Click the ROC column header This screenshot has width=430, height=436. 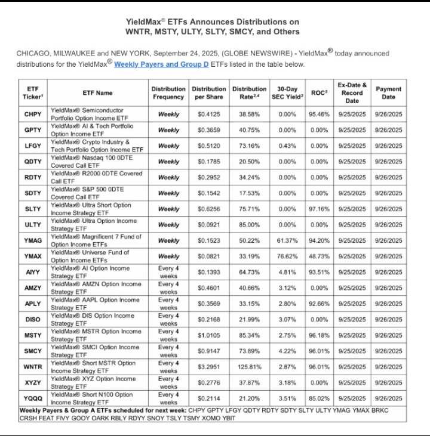coord(320,92)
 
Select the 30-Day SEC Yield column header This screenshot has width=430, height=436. coord(287,92)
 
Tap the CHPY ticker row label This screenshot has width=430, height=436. coord(33,114)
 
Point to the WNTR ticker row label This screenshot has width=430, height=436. coord(33,366)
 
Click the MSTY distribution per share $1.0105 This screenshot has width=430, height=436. coord(208,335)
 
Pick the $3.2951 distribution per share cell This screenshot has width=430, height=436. coord(208,366)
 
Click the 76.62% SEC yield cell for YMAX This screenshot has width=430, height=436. coord(287,256)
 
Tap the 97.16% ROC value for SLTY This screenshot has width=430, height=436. coord(320,209)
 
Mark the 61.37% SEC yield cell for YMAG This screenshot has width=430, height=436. coord(287,240)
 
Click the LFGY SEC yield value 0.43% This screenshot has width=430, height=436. coord(287,146)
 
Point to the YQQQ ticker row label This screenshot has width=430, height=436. coord(33,398)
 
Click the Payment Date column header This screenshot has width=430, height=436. coord(388,92)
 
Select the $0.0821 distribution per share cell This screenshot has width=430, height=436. coord(208,256)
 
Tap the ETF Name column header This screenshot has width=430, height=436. coord(97,92)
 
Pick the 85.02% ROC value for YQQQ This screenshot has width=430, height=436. coord(320,398)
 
